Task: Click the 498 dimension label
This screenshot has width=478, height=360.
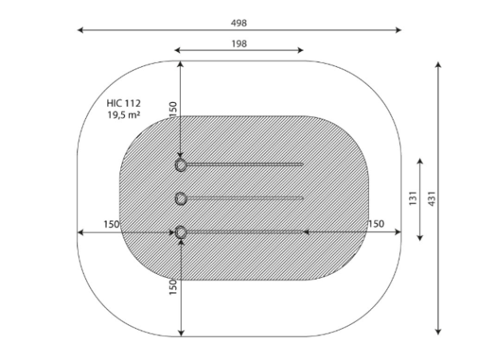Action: click(239, 23)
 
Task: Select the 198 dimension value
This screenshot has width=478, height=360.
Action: click(239, 44)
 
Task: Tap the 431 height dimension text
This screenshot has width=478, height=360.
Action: click(432, 199)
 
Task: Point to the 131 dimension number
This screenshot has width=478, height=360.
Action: click(413, 198)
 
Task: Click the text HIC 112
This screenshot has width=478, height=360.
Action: click(123, 104)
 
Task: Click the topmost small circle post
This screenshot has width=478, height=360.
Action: click(181, 165)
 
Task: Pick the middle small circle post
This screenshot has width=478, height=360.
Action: click(181, 199)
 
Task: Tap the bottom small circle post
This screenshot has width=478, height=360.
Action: click(181, 233)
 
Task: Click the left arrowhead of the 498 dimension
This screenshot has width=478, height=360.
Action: click(80, 30)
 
